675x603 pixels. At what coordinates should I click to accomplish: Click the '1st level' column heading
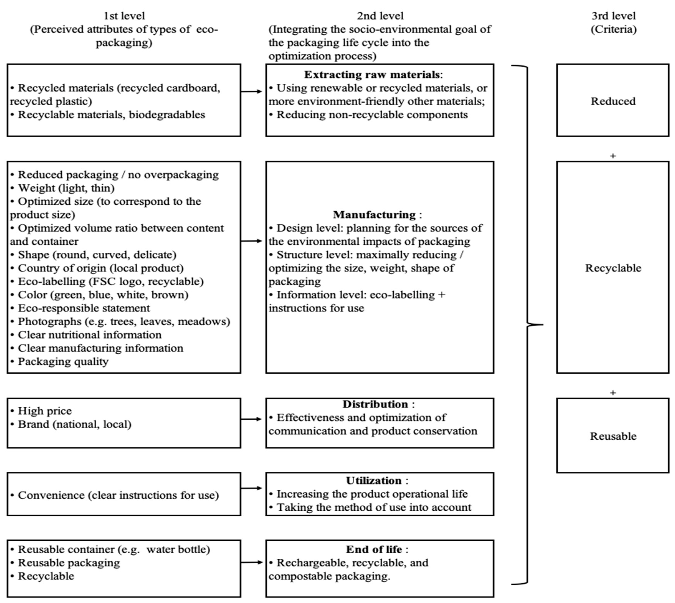[124, 16]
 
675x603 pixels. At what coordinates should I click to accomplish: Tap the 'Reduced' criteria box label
[613, 101]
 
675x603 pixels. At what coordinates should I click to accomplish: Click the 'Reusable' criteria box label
[613, 436]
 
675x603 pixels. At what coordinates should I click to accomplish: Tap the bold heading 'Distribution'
[375, 404]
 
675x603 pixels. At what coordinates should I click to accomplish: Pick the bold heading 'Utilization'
[374, 480]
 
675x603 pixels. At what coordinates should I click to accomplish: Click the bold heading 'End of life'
[374, 549]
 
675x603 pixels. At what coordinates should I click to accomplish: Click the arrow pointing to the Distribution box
[252, 419]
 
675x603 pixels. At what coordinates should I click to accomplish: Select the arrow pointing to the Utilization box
[252, 488]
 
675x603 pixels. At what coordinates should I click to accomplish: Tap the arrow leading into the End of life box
[252, 562]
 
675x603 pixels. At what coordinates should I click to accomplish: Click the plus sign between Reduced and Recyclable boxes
[613, 156]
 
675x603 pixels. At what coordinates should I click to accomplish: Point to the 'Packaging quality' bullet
[63, 361]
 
